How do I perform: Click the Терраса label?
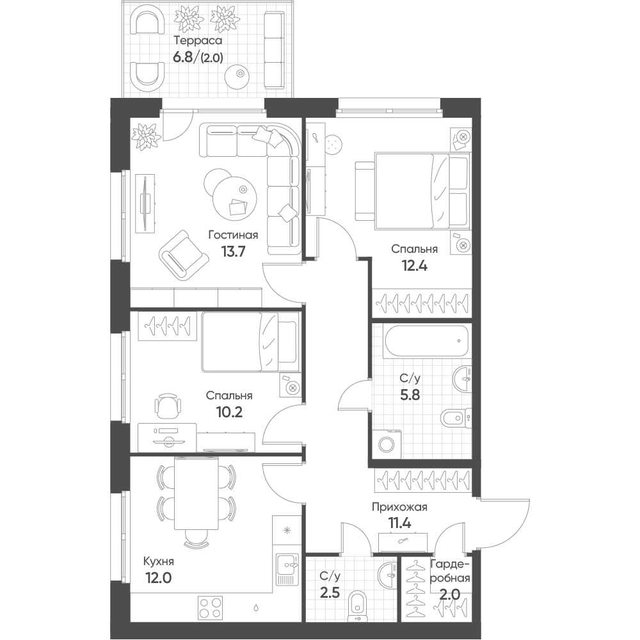[x=198, y=40]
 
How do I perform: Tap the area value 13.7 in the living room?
[x=233, y=252]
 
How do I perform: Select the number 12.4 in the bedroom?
[x=415, y=266]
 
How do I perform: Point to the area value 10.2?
[x=229, y=412]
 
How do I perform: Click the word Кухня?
[x=158, y=562]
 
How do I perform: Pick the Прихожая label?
[x=399, y=508]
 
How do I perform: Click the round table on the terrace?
[x=239, y=74]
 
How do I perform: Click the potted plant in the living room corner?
[x=143, y=136]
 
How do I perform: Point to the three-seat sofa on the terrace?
[x=273, y=50]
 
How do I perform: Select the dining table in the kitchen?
[x=196, y=493]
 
